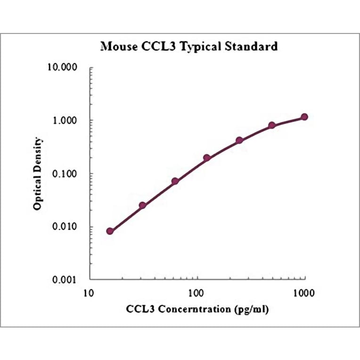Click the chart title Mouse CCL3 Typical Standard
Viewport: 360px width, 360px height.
(x=189, y=47)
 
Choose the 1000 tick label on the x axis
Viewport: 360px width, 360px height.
(x=303, y=293)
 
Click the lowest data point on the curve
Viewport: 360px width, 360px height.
(x=110, y=231)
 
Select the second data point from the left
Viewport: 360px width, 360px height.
(x=142, y=205)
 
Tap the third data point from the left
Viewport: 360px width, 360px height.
(x=175, y=181)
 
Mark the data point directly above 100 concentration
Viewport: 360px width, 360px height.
(x=206, y=158)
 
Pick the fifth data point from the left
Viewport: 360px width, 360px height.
(x=239, y=140)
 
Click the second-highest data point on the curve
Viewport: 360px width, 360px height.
(x=272, y=125)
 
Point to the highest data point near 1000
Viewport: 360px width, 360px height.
(x=304, y=117)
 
